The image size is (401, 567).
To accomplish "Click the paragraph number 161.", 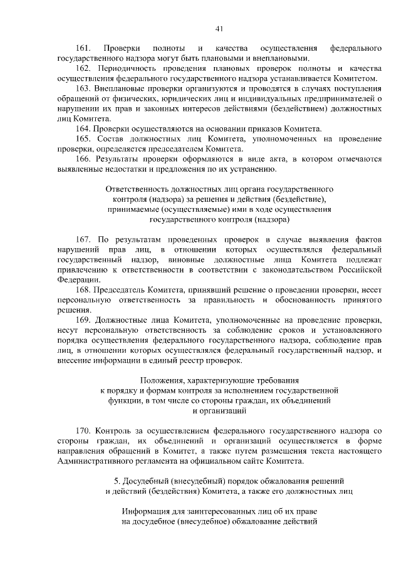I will [84, 48].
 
